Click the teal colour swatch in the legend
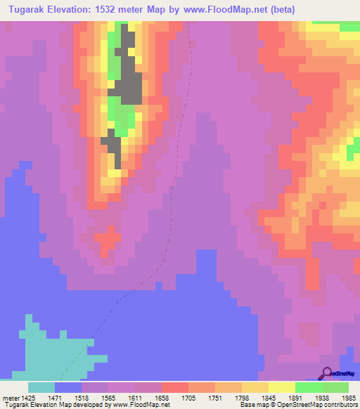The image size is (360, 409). pos(41,387)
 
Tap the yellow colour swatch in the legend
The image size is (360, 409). pos(281,387)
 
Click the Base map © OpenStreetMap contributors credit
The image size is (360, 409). pos(297,405)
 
